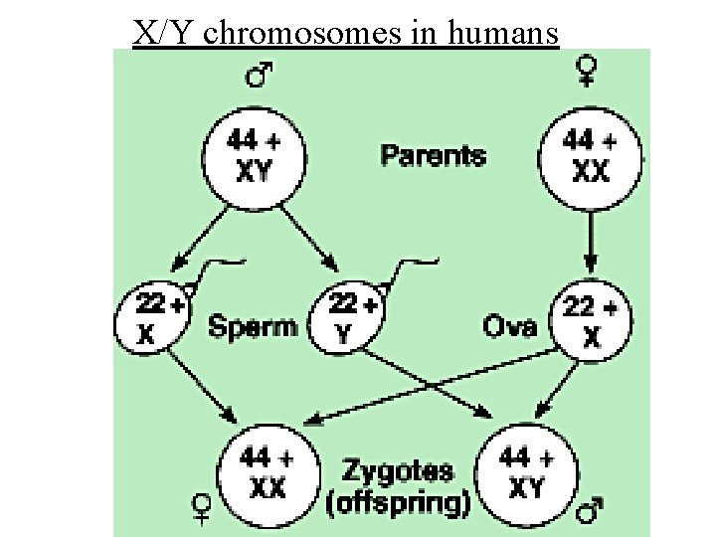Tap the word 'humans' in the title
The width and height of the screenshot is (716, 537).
(x=504, y=33)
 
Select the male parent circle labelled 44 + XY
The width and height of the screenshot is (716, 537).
(x=254, y=157)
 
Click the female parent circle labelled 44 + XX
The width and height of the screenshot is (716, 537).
(x=590, y=157)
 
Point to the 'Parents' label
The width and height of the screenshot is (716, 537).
(x=434, y=155)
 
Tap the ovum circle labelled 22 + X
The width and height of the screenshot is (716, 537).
(x=591, y=320)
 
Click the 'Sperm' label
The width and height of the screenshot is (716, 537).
(x=252, y=325)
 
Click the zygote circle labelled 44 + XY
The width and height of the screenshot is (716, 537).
(x=528, y=471)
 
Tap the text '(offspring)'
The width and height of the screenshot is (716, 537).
(x=398, y=502)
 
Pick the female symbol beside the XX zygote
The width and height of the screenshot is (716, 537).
(x=201, y=510)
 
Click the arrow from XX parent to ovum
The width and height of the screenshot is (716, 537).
(x=591, y=240)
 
